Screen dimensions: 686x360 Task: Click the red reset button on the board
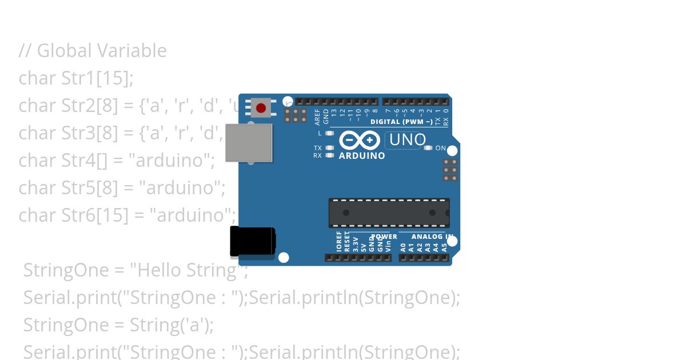pyautogui.click(x=261, y=108)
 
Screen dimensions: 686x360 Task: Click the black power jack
pyautogui.click(x=252, y=241)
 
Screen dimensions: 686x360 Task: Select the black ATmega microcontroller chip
pyautogui.click(x=389, y=213)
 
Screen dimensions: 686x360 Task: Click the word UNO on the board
pyautogui.click(x=407, y=140)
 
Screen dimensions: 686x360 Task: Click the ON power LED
pyautogui.click(x=428, y=148)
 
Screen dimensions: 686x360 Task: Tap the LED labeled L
pyautogui.click(x=329, y=133)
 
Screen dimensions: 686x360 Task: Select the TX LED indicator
pyautogui.click(x=329, y=148)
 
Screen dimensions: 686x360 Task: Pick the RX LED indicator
pyautogui.click(x=329, y=155)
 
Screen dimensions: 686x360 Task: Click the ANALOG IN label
pyautogui.click(x=432, y=237)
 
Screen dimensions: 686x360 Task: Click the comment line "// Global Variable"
pyautogui.click(x=93, y=51)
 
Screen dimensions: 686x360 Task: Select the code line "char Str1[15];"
pyautogui.click(x=76, y=78)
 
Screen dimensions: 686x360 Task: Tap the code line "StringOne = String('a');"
pyautogui.click(x=118, y=325)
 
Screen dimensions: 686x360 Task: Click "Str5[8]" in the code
pyautogui.click(x=83, y=188)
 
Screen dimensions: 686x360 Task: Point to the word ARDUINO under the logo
pyautogui.click(x=362, y=155)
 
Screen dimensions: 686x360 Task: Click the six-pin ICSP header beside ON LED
pyautogui.click(x=450, y=170)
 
